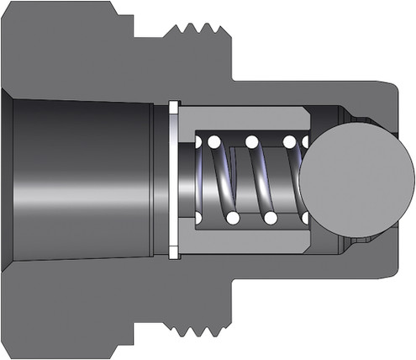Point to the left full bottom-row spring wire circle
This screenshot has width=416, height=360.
click(x=233, y=218)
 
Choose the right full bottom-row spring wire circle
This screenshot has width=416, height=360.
click(x=271, y=218)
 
